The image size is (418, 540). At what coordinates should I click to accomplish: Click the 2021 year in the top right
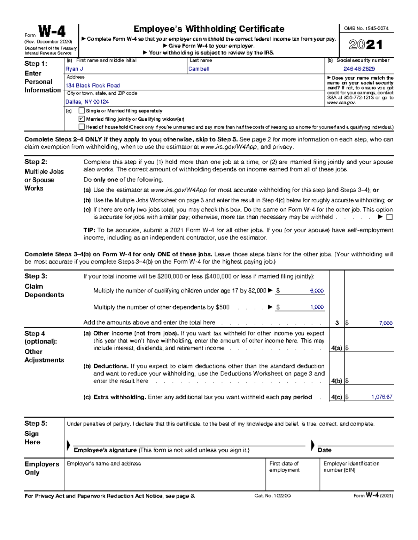click(x=366, y=45)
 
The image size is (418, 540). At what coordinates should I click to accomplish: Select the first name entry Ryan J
click(x=74, y=69)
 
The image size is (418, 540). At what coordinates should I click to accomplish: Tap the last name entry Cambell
click(x=199, y=69)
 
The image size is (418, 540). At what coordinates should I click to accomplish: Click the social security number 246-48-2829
click(x=359, y=69)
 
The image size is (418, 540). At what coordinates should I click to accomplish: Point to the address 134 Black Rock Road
click(x=93, y=86)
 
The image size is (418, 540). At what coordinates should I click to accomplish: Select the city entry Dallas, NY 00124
click(x=87, y=102)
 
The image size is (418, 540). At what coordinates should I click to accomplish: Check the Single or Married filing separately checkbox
click(x=82, y=111)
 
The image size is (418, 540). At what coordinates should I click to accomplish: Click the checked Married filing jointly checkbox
click(x=82, y=119)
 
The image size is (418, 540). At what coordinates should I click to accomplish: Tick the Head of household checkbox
click(x=82, y=127)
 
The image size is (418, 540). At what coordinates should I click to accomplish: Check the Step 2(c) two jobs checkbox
click(x=389, y=217)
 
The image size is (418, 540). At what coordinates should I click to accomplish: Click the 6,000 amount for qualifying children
click(x=317, y=291)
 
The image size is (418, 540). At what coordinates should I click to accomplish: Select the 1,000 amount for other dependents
click(x=317, y=307)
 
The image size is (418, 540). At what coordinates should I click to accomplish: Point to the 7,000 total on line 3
click(x=386, y=323)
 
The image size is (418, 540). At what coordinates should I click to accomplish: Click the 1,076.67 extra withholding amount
click(x=382, y=397)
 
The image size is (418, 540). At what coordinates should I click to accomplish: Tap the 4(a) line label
click(x=336, y=348)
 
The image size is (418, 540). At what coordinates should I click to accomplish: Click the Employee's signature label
click(x=105, y=450)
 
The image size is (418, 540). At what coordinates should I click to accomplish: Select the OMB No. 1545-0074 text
click(x=366, y=29)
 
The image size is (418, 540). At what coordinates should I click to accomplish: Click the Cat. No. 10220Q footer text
click(x=273, y=496)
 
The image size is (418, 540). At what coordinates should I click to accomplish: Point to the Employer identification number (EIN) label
click(x=351, y=467)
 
